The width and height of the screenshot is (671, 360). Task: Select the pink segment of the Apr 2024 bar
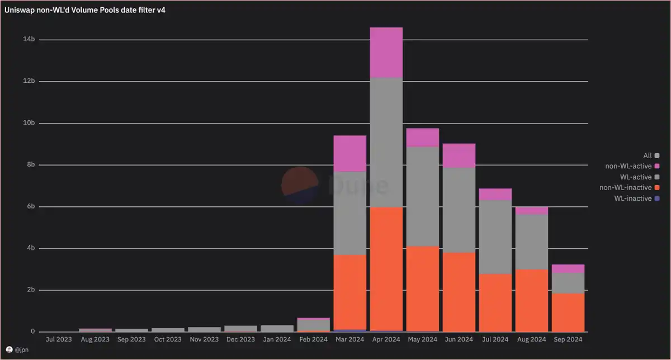pyautogui.click(x=386, y=53)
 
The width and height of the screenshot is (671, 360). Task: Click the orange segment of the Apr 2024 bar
pyautogui.click(x=386, y=268)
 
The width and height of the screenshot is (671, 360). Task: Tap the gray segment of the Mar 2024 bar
pyautogui.click(x=349, y=213)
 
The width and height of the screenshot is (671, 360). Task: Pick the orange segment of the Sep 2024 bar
pyautogui.click(x=568, y=312)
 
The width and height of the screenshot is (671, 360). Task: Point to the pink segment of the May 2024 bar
pyautogui.click(x=422, y=138)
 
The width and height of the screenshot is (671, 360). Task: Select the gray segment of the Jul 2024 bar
pyautogui.click(x=495, y=237)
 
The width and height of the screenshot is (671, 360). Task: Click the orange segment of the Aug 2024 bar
pyautogui.click(x=531, y=300)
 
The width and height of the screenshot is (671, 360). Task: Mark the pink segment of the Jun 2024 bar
pyautogui.click(x=459, y=155)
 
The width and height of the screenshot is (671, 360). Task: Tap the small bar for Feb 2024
pyautogui.click(x=313, y=325)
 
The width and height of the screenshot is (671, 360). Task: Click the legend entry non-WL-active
pyautogui.click(x=629, y=166)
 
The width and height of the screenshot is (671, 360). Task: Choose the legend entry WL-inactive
pyautogui.click(x=632, y=198)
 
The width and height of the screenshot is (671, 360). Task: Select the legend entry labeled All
pyautogui.click(x=648, y=155)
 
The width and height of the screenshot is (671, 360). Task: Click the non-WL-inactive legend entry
pyautogui.click(x=625, y=188)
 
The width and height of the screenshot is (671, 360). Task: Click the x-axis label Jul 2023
pyautogui.click(x=59, y=339)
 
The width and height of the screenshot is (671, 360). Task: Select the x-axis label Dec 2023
pyautogui.click(x=240, y=339)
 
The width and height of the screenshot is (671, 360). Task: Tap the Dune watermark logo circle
pyautogui.click(x=300, y=184)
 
